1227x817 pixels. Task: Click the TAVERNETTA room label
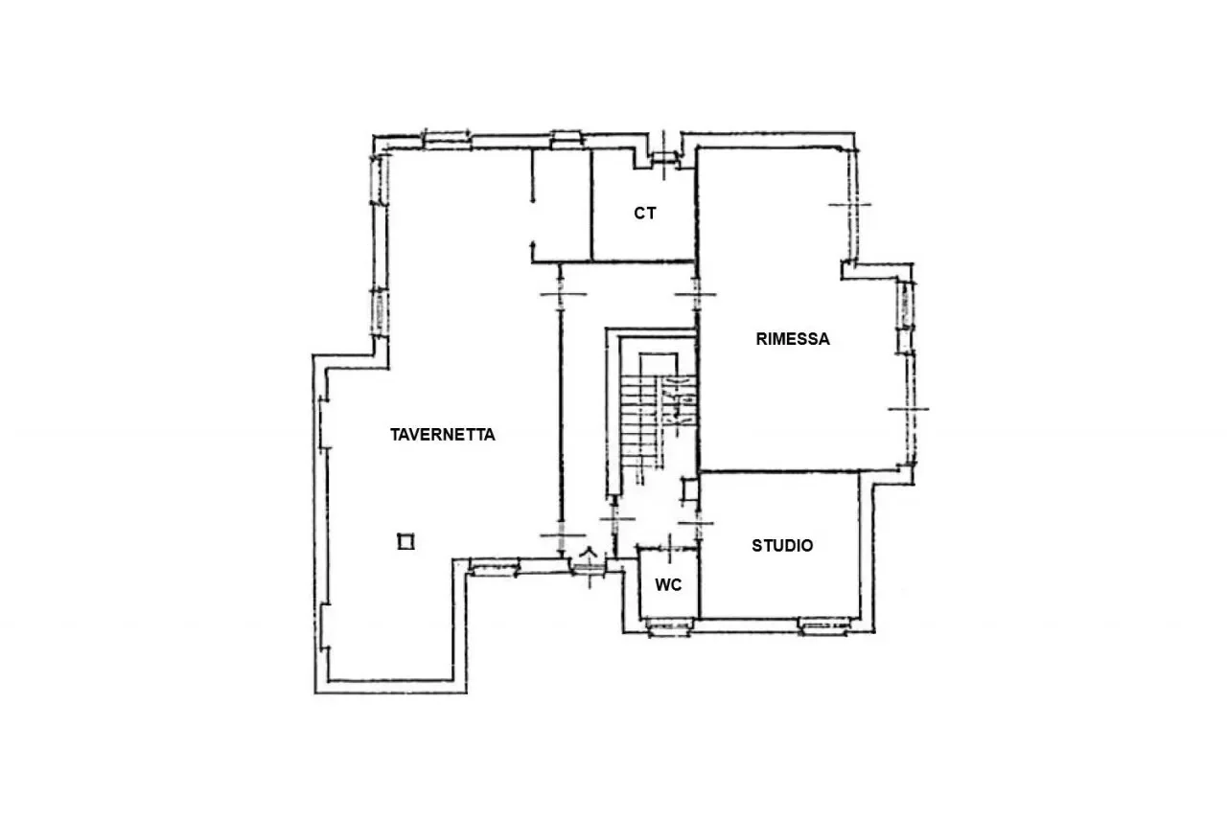tap(443, 435)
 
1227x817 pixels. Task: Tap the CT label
tap(645, 214)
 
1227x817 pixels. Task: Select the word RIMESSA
tap(793, 339)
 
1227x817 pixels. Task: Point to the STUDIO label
tap(782, 546)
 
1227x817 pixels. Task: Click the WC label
tap(668, 585)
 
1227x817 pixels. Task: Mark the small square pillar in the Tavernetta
tap(405, 542)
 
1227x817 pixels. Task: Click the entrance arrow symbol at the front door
tap(589, 553)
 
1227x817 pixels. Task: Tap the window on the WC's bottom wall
tap(669, 626)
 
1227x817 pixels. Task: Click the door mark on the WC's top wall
tap(670, 547)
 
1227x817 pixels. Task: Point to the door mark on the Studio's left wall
tap(697, 524)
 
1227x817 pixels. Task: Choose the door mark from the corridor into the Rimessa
tap(696, 295)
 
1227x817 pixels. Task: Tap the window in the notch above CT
tap(664, 158)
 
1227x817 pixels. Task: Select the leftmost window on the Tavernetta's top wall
tap(448, 140)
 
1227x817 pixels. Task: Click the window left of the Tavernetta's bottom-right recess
tap(494, 568)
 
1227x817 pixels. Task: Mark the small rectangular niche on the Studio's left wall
tap(689, 489)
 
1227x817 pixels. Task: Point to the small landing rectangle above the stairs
tap(659, 365)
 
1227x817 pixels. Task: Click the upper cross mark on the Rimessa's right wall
tap(849, 205)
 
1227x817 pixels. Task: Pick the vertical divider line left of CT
tap(591, 205)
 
